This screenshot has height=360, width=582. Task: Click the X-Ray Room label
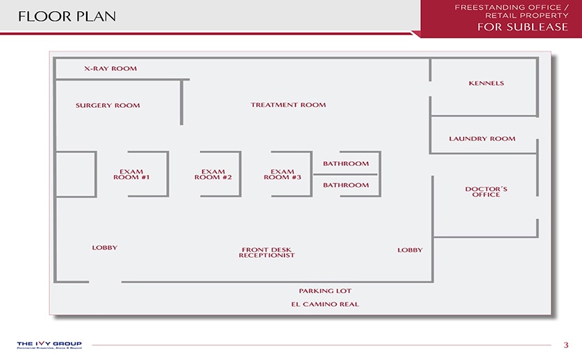tap(110, 69)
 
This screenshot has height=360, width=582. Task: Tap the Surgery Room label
tap(108, 106)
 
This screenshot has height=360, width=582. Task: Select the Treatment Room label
tap(288, 105)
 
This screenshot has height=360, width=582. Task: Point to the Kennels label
tap(486, 83)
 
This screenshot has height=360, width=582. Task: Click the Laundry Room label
tap(482, 139)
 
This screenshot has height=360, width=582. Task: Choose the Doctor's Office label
tap(485, 192)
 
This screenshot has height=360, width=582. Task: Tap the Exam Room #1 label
tap(131, 174)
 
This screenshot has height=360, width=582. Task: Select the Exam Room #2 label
tap(213, 174)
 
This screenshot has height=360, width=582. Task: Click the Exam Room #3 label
tap(282, 174)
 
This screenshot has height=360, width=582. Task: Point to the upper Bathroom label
tap(346, 164)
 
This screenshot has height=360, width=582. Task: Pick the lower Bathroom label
tap(346, 186)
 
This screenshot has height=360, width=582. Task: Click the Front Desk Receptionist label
tap(267, 252)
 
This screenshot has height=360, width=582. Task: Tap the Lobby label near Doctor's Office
tap(410, 250)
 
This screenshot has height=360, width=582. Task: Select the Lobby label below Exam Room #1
tap(105, 248)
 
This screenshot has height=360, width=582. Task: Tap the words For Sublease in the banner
tap(522, 27)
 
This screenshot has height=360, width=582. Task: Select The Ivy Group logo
tap(49, 345)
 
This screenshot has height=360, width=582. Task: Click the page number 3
tap(566, 345)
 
